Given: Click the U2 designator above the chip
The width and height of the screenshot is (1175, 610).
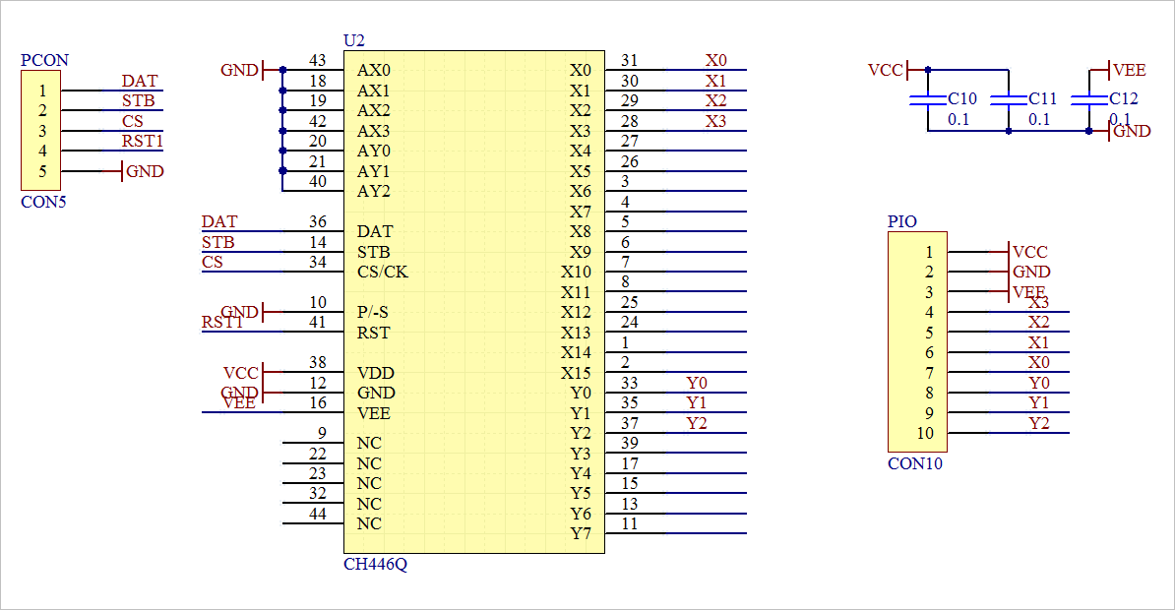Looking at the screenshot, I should pos(353,40).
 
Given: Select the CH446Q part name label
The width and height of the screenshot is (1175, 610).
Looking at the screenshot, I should pos(374,565).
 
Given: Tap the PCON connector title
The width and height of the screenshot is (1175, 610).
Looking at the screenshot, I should pos(44,60).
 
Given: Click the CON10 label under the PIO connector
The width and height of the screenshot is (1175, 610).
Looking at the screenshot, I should pos(914,463).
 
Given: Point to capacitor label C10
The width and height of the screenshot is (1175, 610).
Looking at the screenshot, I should pos(962,99).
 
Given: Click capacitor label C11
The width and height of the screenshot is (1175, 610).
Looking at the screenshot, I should pos(1043,99).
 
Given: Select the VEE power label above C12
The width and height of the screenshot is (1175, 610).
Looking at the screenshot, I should pos(1129,71).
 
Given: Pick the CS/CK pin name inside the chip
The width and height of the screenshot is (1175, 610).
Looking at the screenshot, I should pos(383,272).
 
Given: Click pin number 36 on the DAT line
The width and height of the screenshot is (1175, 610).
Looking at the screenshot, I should pos(317,222).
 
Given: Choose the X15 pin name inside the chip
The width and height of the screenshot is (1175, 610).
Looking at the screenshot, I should pos(576,373).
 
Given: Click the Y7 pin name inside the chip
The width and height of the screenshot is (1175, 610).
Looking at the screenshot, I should pos(581,534).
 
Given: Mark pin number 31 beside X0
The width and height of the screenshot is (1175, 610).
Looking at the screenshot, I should pos(630,61).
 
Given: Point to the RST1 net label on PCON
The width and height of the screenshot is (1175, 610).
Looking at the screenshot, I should pos(142,142).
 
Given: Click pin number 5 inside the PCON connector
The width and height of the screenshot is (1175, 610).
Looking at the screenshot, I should pos(42,171).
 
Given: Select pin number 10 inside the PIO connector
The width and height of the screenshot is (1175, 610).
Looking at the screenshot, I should pos(925,433).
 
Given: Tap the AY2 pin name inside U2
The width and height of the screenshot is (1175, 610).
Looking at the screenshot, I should pos(374,191).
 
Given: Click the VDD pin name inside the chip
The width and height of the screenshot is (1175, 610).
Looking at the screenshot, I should pos(375,373).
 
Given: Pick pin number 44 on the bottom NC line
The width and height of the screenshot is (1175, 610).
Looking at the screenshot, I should pos(317,515).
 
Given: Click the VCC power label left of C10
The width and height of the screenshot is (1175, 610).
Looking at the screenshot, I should pos(885,71).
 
